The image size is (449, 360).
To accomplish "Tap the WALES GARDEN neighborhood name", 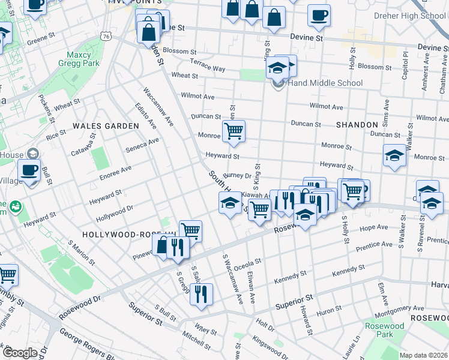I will click(x=106, y=126).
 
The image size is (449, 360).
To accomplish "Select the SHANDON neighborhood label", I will click(x=357, y=125).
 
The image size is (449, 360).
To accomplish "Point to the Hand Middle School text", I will click(x=325, y=83).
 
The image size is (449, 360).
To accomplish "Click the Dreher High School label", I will click(x=411, y=16).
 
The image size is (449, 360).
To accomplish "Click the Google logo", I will click(x=20, y=352).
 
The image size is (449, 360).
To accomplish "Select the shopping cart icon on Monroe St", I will click(x=234, y=131).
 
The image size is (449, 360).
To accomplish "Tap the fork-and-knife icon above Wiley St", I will click(x=200, y=294).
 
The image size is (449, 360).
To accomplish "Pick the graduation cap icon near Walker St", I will click(x=394, y=155).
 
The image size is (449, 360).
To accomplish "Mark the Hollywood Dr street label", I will click(x=113, y=212).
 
